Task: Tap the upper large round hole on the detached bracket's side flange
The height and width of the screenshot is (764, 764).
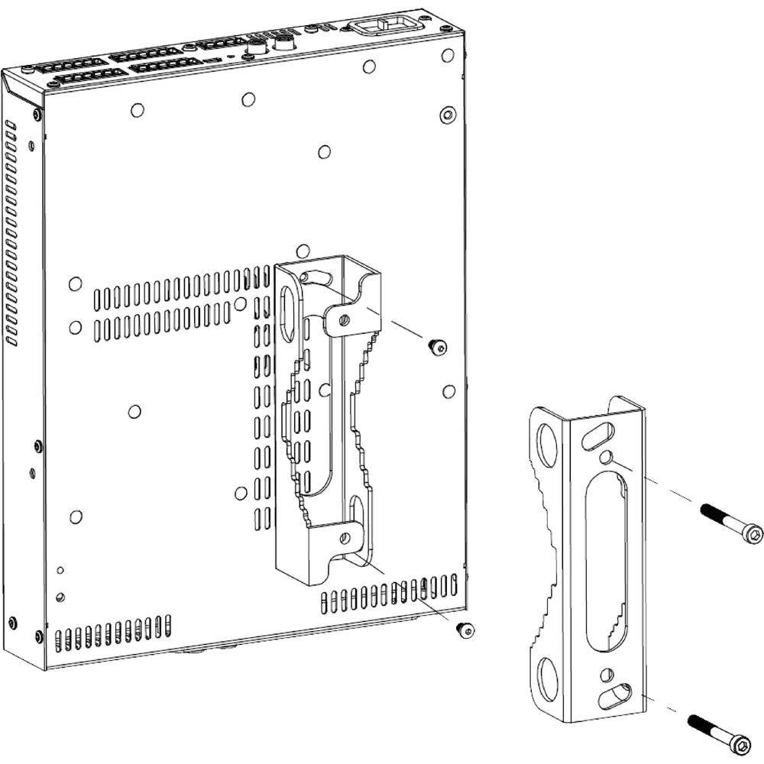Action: click(549, 442)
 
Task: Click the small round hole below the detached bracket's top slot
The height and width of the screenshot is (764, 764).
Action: click(606, 457)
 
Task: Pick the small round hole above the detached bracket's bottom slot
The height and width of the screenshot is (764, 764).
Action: click(607, 675)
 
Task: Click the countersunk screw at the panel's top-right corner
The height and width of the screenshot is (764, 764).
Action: click(447, 115)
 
